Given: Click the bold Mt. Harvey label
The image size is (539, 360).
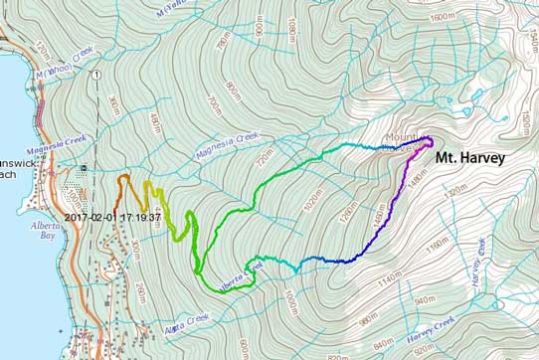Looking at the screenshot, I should pyautogui.click(x=469, y=157).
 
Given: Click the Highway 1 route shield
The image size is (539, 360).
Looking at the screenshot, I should pyautogui.click(x=94, y=76).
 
